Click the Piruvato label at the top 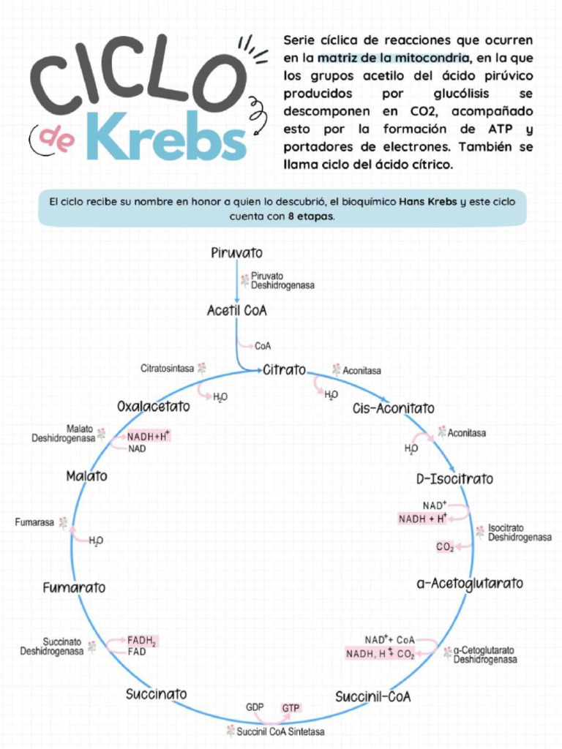[236, 254]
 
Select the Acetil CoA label [236, 311]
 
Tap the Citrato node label [285, 370]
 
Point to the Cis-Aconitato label [393, 408]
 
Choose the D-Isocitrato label [454, 479]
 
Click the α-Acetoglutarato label [470, 584]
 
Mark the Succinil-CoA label [372, 696]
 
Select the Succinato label [156, 693]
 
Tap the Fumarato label [74, 587]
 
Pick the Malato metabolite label [86, 476]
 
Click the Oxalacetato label [154, 406]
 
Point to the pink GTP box [291, 708]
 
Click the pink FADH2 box [142, 641]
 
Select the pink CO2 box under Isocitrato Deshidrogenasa [445, 546]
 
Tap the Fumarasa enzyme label [34, 522]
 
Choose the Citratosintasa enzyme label [167, 368]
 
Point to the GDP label [255, 707]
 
